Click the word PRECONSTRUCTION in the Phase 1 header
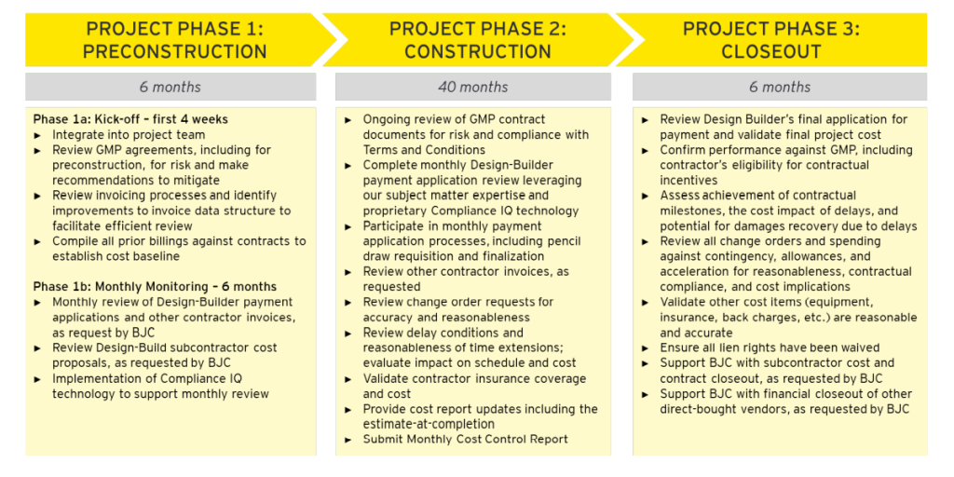pos(174,51)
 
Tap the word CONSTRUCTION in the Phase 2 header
pos(478,51)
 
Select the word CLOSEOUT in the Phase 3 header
pos(770,51)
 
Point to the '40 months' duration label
pos(472,87)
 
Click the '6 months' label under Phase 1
pos(170,87)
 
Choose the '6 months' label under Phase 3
pos(780,87)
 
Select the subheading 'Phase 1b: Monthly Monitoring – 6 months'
pos(156,287)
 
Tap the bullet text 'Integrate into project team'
pos(129,134)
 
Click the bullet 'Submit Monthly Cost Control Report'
pos(466,439)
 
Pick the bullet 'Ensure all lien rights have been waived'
pos(770,348)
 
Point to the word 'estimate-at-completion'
pos(429,424)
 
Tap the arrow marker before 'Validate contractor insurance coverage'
pos(348,378)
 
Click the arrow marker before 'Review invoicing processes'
pos(37,196)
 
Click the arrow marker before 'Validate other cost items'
pos(645,303)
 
